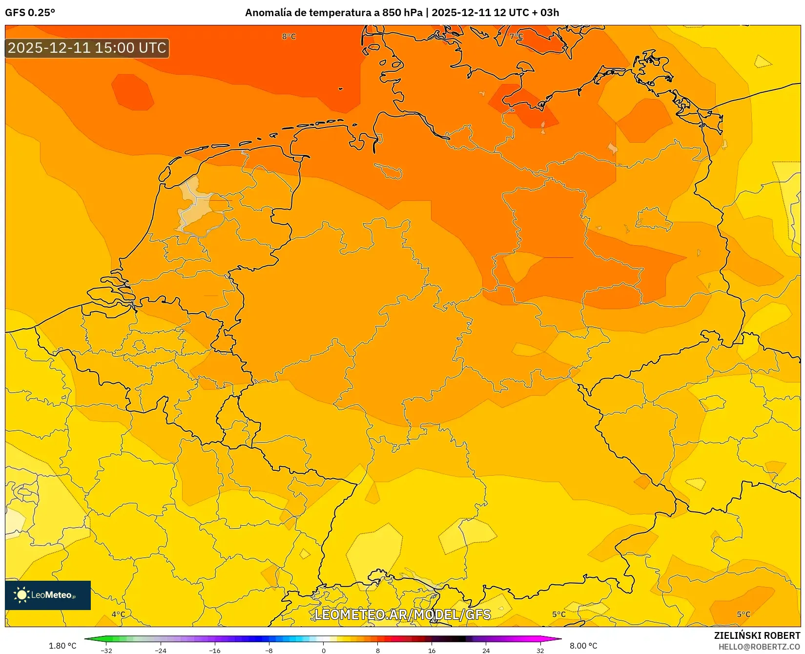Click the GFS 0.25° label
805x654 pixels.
click(x=30, y=13)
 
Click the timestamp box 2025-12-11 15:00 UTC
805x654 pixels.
click(x=87, y=48)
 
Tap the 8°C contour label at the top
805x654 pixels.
click(x=289, y=37)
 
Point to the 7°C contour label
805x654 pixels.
click(x=516, y=37)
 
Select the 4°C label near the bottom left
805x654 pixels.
click(x=118, y=614)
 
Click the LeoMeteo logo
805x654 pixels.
click(x=48, y=595)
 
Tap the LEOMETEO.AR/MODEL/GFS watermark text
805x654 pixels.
click(x=402, y=614)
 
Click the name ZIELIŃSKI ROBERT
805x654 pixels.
click(x=757, y=635)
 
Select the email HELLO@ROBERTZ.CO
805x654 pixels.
click(x=759, y=647)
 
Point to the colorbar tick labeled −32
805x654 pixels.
click(x=106, y=651)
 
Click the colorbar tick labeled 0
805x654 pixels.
click(x=323, y=651)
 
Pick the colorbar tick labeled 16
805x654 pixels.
click(x=432, y=651)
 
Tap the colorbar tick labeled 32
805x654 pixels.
click(x=540, y=651)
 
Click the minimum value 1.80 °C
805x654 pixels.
click(x=62, y=646)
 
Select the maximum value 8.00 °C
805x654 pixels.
click(x=583, y=646)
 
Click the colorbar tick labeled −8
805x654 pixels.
click(x=269, y=651)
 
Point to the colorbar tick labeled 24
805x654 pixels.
click(x=486, y=651)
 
